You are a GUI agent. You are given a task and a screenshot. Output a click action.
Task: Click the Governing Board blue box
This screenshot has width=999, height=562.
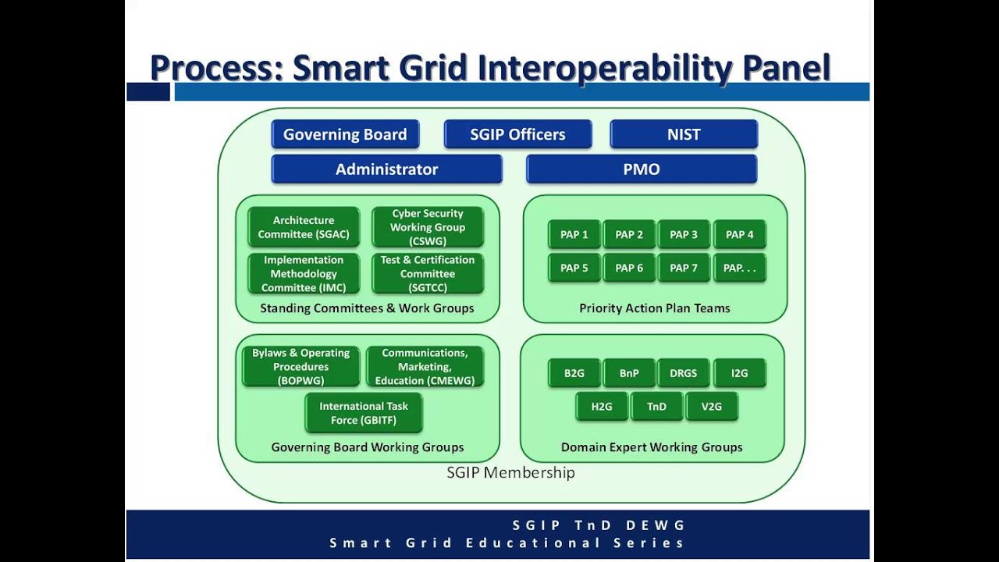click(345, 134)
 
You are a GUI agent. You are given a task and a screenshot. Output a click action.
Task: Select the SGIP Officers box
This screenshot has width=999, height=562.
click(517, 134)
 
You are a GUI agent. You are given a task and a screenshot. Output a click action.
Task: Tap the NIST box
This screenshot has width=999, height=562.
click(684, 134)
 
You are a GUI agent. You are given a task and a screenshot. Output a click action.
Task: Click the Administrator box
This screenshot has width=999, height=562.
click(386, 169)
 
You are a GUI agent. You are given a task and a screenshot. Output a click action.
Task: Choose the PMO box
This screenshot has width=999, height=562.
click(642, 169)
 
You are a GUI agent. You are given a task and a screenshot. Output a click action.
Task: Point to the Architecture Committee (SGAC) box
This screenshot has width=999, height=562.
click(304, 227)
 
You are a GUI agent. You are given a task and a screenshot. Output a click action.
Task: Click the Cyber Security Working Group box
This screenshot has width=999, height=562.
click(428, 227)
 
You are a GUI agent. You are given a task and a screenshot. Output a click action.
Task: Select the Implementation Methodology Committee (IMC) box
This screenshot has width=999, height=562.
click(304, 274)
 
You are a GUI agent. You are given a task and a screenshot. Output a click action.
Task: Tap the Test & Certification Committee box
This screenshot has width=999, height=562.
click(428, 274)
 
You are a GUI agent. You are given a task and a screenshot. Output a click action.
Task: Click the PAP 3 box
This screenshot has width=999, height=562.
click(684, 234)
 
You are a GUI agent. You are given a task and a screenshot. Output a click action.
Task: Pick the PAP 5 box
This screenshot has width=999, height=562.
click(574, 268)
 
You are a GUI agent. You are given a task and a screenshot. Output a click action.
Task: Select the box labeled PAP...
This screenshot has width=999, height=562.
click(739, 268)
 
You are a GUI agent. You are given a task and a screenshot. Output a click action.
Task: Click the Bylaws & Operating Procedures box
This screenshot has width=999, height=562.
click(300, 367)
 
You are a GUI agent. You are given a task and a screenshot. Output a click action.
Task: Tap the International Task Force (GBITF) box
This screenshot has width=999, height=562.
click(364, 413)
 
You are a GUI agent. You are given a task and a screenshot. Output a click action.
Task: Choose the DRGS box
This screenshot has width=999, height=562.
click(684, 373)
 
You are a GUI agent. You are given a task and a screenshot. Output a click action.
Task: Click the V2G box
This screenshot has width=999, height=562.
click(711, 407)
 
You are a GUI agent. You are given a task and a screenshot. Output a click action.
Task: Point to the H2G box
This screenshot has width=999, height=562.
click(602, 407)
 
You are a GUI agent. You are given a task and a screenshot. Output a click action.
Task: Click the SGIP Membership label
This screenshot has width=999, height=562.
click(510, 472)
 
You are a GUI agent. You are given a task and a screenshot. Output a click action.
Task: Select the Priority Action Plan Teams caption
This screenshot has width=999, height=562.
click(654, 308)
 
